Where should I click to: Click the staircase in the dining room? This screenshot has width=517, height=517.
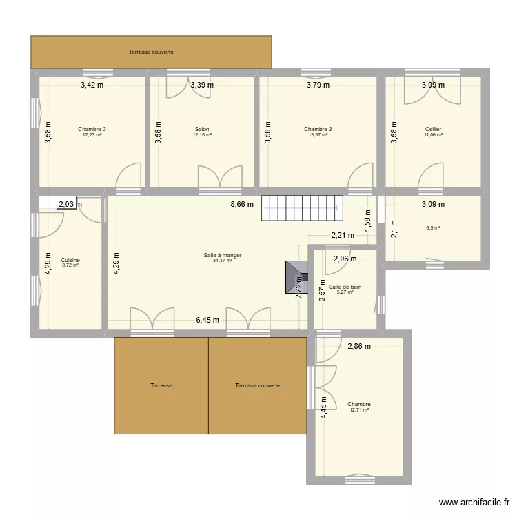(303, 208)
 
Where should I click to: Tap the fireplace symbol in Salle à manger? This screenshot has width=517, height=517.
(296, 277)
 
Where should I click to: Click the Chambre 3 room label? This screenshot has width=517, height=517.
(92, 130)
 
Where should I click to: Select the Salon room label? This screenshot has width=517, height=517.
(202, 130)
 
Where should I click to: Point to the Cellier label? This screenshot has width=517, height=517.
(434, 130)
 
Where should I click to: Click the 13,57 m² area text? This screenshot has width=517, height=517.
(318, 135)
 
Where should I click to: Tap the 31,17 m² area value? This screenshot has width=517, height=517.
(223, 261)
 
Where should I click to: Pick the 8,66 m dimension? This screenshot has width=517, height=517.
(242, 205)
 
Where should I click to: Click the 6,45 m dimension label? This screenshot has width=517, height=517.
(207, 320)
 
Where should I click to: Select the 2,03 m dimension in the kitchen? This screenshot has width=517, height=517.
(70, 205)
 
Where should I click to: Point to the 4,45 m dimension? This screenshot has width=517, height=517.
(324, 407)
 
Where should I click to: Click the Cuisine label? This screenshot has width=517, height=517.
(70, 260)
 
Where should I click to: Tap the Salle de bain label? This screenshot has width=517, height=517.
(345, 287)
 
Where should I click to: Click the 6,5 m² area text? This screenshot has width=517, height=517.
(434, 228)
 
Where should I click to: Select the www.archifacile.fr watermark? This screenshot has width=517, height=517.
(474, 503)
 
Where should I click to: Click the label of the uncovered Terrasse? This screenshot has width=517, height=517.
(161, 385)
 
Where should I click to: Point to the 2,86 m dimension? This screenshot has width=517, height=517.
(359, 346)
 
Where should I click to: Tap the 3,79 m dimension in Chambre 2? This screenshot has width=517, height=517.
(318, 85)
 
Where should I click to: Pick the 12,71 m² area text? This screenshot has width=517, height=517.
(359, 410)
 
